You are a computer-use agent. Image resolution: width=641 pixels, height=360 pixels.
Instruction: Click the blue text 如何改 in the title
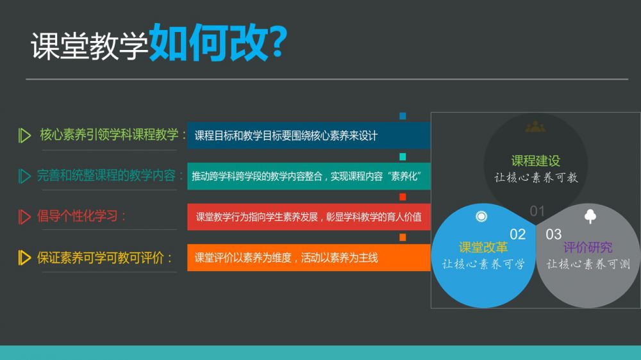coord(209,42)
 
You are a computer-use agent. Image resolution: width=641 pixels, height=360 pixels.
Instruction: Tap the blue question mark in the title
coord(279,41)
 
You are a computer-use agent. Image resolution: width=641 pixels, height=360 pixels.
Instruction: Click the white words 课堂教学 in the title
coord(90,46)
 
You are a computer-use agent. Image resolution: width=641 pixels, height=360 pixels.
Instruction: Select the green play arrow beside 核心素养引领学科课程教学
coord(24,135)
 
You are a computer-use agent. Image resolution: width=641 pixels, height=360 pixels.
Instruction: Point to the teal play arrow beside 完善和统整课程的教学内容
coord(24,176)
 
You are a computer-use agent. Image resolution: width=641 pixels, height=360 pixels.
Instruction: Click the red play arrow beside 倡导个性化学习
coord(24,217)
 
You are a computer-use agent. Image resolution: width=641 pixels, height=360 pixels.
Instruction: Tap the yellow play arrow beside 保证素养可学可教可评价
coord(24,258)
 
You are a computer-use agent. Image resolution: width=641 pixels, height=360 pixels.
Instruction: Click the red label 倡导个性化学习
coord(78,216)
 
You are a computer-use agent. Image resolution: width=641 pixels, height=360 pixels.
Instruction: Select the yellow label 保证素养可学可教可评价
coord(101,258)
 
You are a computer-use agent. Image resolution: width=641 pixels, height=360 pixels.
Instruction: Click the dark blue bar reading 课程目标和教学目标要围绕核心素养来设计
coord(309,135)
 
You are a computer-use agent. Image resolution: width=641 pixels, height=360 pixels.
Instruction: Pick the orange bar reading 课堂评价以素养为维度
coord(309,258)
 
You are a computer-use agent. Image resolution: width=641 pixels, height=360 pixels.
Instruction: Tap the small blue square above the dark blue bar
coord(403,116)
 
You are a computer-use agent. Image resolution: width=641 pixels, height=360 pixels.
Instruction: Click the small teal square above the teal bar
coord(403,156)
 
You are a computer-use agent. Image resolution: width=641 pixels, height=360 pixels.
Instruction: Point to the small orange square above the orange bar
coord(403,238)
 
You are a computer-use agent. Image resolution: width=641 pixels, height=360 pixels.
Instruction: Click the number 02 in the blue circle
coord(517,234)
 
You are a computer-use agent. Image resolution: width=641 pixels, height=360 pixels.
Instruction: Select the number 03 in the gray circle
coord(554,234)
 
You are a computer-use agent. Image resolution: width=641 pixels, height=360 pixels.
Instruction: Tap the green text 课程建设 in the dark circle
coord(535,161)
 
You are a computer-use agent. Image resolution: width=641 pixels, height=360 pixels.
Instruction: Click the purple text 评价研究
coord(588,247)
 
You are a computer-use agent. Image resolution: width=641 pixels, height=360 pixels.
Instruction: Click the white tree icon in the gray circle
coord(590,216)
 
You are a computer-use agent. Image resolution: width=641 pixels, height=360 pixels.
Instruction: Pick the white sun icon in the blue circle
coord(481,216)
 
